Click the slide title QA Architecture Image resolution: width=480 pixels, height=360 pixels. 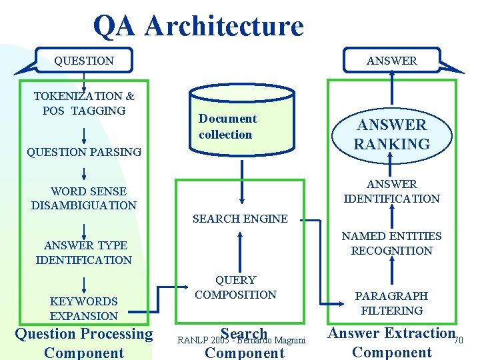pyautogui.click(x=198, y=26)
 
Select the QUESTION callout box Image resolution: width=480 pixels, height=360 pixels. pyautogui.click(x=84, y=61)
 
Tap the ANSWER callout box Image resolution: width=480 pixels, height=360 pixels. pyautogui.click(x=391, y=61)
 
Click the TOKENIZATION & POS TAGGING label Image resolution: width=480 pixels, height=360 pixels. pyautogui.click(x=84, y=103)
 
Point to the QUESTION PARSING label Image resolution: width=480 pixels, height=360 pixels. pyautogui.click(x=84, y=152)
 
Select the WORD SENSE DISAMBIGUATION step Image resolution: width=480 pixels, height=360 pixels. pyautogui.click(x=84, y=199)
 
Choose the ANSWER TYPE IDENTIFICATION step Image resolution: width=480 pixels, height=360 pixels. pyautogui.click(x=84, y=253)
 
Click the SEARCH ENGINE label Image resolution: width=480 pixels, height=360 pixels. pyautogui.click(x=240, y=219)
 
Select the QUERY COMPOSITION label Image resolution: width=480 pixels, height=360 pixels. pyautogui.click(x=236, y=287)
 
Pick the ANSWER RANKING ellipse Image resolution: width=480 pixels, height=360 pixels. pyautogui.click(x=391, y=135)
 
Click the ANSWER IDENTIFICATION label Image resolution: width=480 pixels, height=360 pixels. pyautogui.click(x=391, y=191)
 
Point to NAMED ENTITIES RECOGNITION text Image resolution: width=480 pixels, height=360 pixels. pyautogui.click(x=391, y=243)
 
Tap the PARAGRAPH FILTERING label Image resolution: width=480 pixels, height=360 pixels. pyautogui.click(x=391, y=303)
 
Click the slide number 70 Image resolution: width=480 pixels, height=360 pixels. pyautogui.click(x=458, y=341)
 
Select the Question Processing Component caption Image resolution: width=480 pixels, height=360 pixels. pyautogui.click(x=84, y=343)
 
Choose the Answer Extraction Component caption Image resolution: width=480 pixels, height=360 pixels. pyautogui.click(x=391, y=343)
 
